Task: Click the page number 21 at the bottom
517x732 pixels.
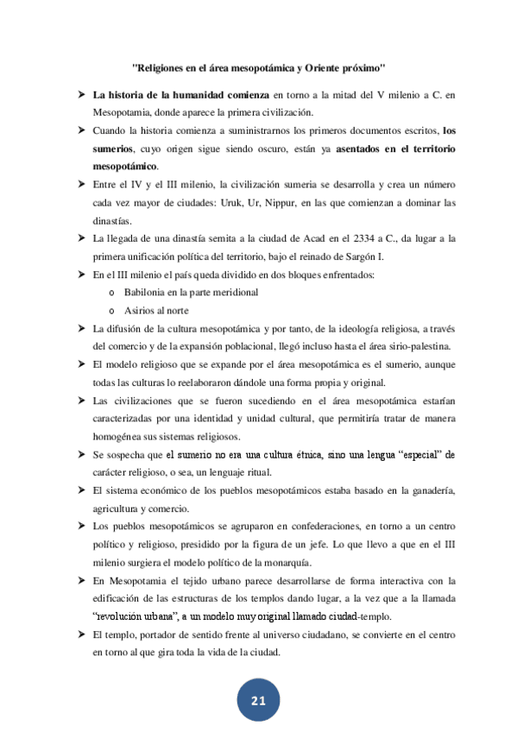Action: (258, 701)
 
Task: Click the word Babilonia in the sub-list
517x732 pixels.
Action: (149, 293)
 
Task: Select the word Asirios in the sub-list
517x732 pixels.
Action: (141, 310)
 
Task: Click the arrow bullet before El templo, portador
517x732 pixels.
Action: (79, 634)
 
